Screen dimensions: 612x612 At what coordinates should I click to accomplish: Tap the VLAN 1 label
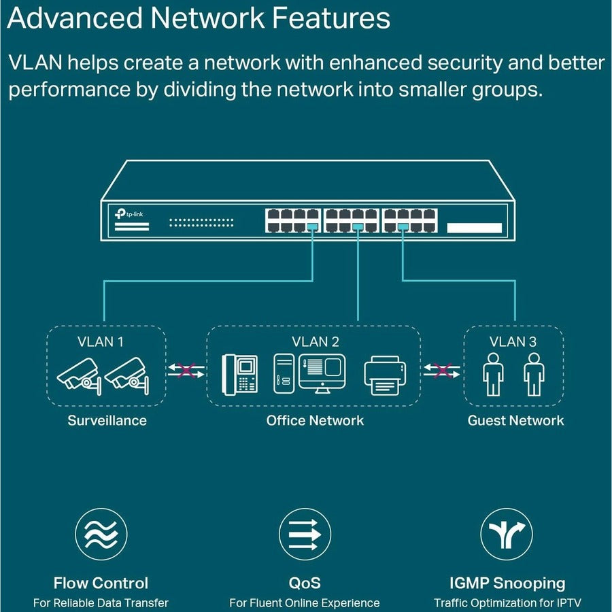pyautogui.click(x=101, y=341)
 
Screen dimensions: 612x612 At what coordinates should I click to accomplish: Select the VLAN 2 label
pyautogui.click(x=316, y=341)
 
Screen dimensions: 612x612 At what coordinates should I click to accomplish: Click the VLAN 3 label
pyautogui.click(x=513, y=341)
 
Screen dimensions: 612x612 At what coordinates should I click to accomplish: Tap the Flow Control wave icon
pyautogui.click(x=101, y=534)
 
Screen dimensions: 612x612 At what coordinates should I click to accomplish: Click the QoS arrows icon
pyautogui.click(x=305, y=534)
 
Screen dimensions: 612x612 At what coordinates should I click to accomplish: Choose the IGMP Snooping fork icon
pyautogui.click(x=507, y=534)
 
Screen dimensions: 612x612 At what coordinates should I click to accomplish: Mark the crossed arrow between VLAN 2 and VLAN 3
pyautogui.click(x=442, y=371)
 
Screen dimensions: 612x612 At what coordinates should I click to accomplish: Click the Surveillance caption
pyautogui.click(x=107, y=420)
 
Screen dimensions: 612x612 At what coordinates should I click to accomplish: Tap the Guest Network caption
pyautogui.click(x=515, y=420)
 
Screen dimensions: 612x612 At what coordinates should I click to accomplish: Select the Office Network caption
pyautogui.click(x=315, y=420)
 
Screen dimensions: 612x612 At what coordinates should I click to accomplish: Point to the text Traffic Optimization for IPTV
pyautogui.click(x=507, y=602)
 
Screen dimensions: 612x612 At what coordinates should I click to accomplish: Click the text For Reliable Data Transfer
pyautogui.click(x=101, y=602)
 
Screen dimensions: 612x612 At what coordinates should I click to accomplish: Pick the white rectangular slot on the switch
pyautogui.click(x=474, y=228)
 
